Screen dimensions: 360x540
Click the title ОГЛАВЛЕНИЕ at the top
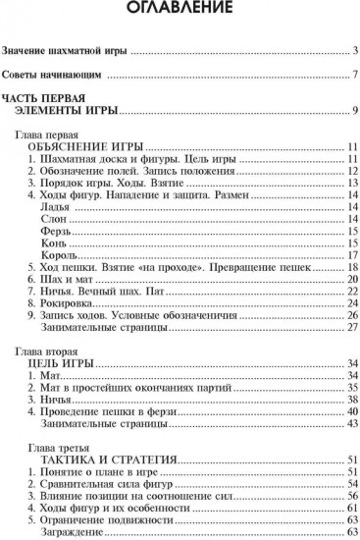click(180, 11)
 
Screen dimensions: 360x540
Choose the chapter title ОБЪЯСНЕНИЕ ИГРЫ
click(86, 146)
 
